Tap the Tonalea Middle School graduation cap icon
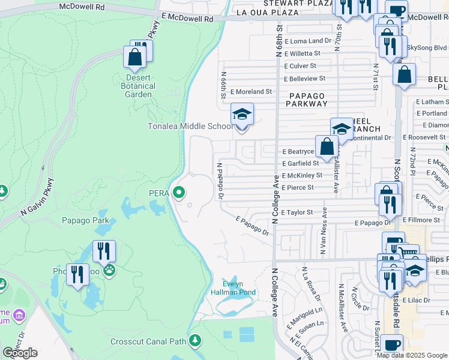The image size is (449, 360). (242, 113)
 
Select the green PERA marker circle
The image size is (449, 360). (178, 193)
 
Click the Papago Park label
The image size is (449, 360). (85, 220)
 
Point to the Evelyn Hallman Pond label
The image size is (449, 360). (232, 288)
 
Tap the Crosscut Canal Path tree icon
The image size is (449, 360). (194, 341)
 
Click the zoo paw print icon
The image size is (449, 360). (109, 271)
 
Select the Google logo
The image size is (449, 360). (20, 353)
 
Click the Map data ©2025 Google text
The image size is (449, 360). (412, 355)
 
